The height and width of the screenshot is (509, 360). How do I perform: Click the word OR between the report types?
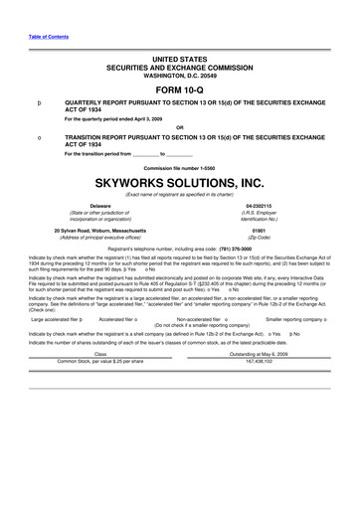point(180,126)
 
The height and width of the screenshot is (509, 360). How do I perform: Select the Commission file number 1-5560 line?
point(180,167)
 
